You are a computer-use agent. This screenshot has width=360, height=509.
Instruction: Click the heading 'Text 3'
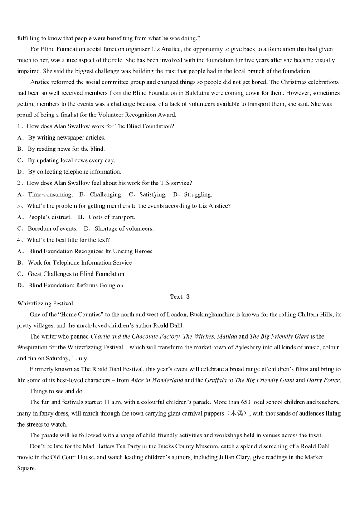(180, 297)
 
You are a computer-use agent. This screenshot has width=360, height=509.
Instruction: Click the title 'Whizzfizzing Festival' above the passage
(45, 304)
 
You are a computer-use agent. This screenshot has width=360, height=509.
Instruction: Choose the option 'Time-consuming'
(50, 194)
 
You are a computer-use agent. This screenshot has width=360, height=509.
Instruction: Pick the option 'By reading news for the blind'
(66, 149)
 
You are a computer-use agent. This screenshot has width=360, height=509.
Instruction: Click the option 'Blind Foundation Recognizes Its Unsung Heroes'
(90, 251)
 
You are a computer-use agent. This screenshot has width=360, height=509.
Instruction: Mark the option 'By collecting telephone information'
(74, 172)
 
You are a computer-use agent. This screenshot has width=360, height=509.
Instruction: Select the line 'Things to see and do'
(56, 391)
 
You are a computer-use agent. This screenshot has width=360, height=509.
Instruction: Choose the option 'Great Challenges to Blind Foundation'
(76, 274)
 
